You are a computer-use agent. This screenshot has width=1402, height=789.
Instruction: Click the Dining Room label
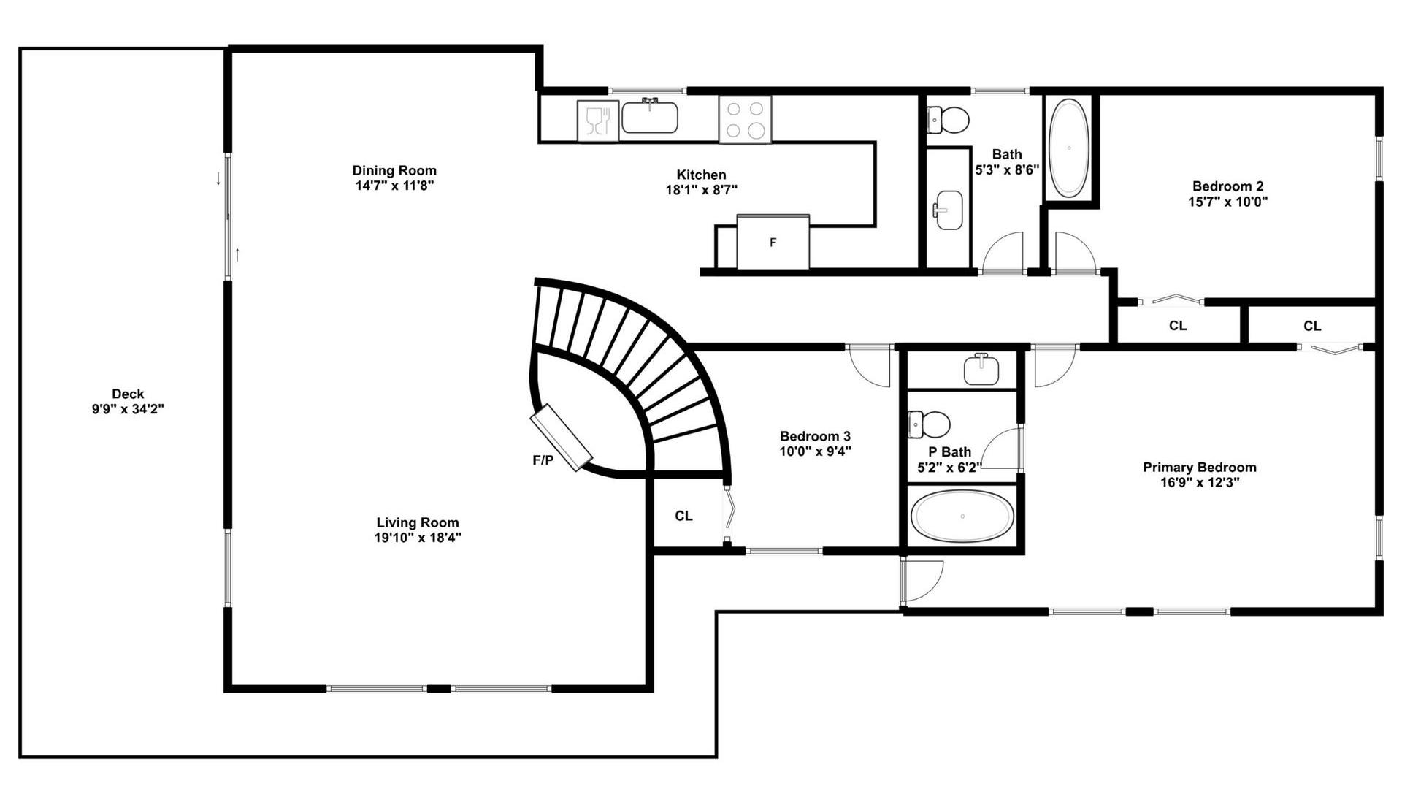click(394, 171)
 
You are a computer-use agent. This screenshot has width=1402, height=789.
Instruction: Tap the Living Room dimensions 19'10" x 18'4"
click(418, 538)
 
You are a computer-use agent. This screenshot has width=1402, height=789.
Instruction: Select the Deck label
click(128, 394)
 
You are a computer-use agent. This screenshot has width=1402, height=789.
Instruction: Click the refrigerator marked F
click(773, 242)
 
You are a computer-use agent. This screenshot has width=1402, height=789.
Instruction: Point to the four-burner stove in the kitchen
click(745, 120)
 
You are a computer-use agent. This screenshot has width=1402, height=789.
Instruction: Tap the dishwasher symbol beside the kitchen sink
click(597, 121)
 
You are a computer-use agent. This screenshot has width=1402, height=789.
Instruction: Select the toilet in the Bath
click(948, 119)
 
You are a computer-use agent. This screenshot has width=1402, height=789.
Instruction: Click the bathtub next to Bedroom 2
click(1069, 148)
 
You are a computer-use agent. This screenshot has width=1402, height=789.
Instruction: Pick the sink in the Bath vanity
click(949, 210)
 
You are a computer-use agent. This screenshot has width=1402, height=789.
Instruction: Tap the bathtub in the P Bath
click(962, 516)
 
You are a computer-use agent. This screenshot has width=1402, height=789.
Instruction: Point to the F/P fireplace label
click(543, 460)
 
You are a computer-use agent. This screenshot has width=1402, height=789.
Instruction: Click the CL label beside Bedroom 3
click(683, 516)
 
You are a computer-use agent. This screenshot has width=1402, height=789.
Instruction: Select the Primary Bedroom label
click(1200, 467)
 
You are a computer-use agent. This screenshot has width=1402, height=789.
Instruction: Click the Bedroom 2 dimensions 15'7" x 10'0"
click(1228, 202)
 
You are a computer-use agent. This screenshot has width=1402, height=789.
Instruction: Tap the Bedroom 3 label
click(815, 436)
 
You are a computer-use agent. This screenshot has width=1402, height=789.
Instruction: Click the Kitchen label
click(701, 175)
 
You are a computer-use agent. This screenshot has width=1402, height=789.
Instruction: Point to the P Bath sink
click(981, 369)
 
